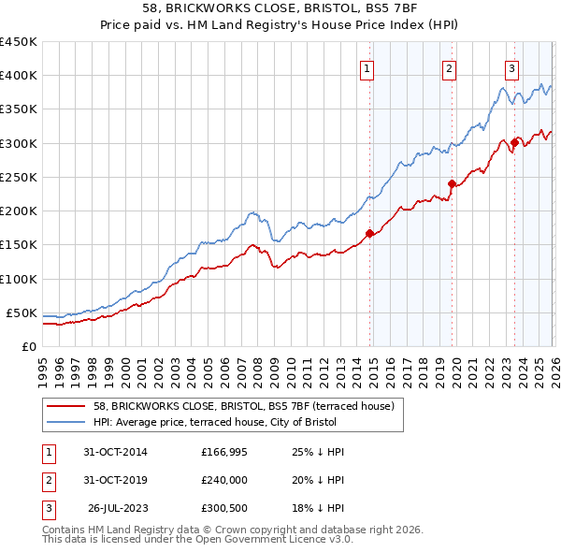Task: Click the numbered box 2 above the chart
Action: click(x=449, y=67)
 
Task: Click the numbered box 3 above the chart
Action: click(x=511, y=67)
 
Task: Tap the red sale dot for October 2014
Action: click(x=369, y=233)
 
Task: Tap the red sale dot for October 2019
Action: click(x=452, y=183)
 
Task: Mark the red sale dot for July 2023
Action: click(x=514, y=142)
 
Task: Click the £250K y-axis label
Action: click(x=19, y=177)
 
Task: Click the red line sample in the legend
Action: click(x=66, y=407)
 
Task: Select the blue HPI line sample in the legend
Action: click(x=66, y=422)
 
